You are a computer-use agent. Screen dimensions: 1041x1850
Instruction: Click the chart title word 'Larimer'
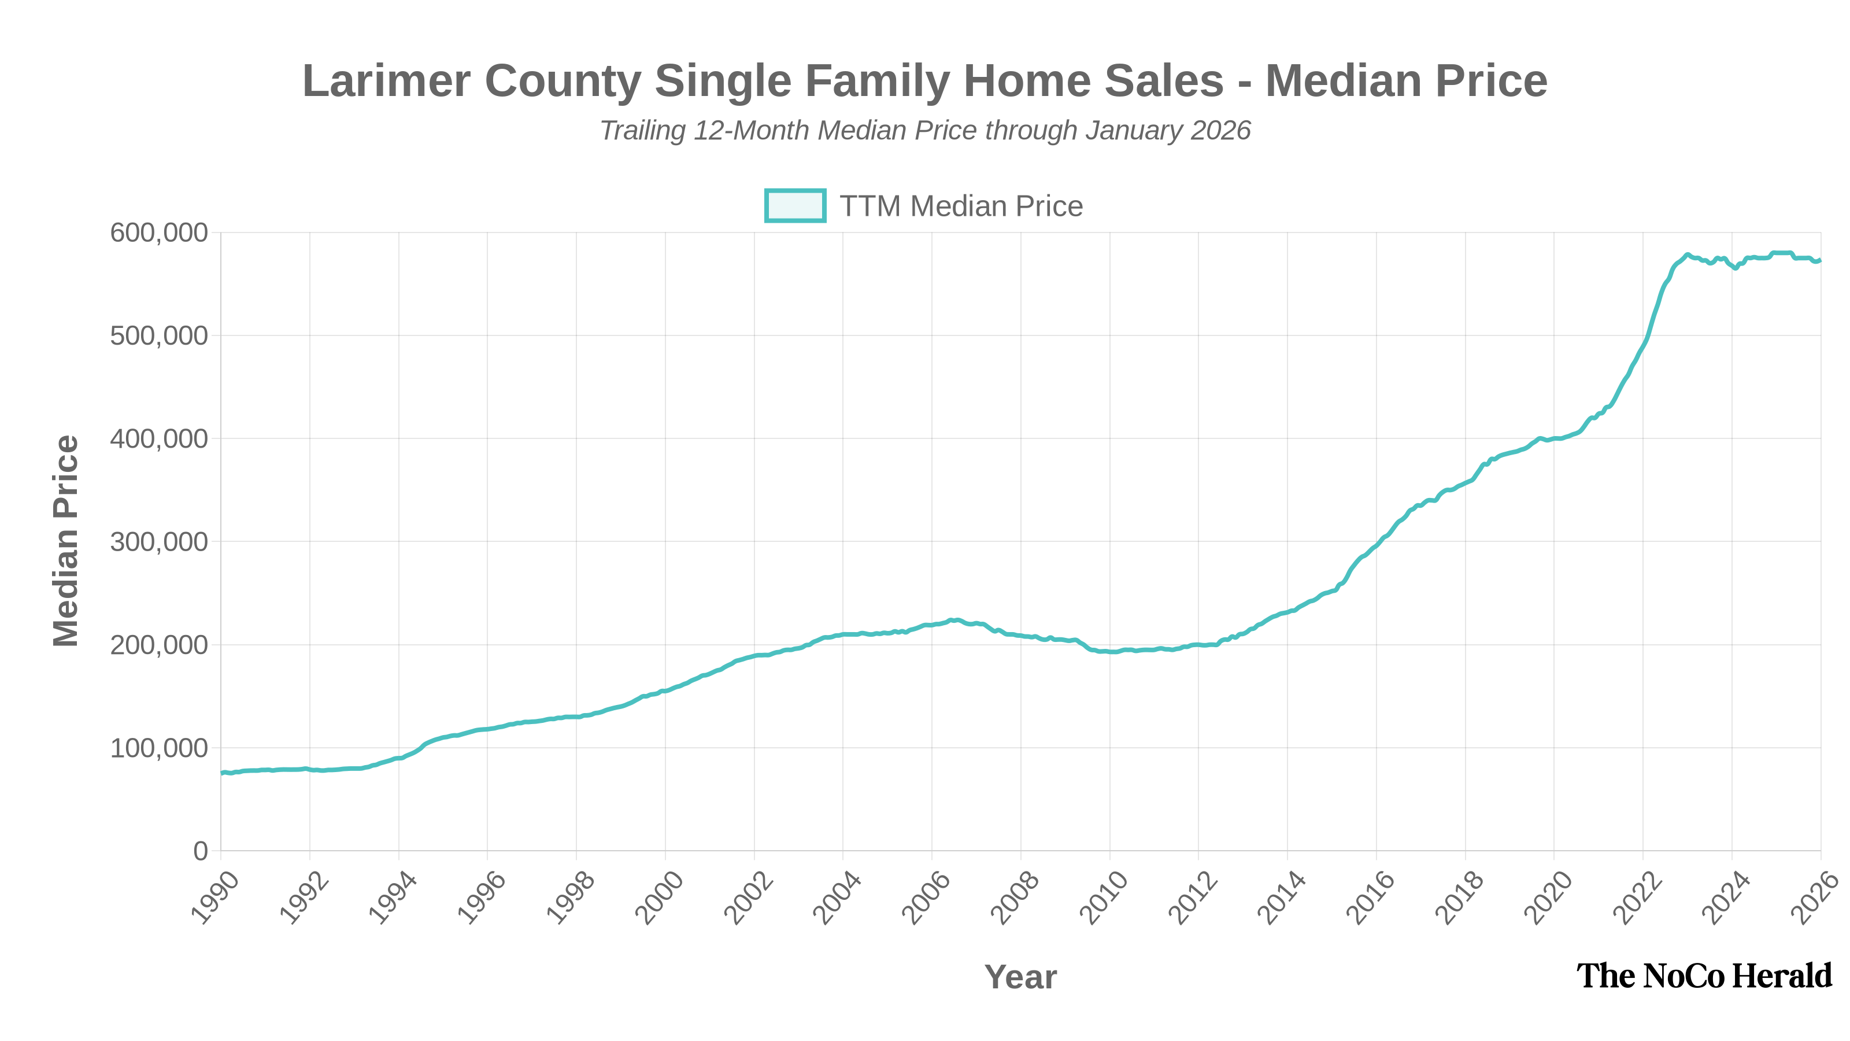tap(386, 80)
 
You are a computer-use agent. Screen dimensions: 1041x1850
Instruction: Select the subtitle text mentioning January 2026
tap(925, 131)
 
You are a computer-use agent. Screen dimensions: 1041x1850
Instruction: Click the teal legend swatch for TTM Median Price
tap(794, 205)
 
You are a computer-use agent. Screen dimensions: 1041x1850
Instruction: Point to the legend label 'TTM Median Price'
tap(961, 206)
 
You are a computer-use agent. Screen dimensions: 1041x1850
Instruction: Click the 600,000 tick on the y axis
tap(159, 232)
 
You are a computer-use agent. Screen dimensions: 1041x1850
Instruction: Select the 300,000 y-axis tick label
tap(159, 542)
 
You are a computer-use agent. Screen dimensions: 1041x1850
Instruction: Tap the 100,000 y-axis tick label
tap(159, 748)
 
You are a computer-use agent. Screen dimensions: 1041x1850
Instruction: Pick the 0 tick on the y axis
tap(201, 851)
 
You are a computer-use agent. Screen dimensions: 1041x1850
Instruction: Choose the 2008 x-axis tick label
tap(1014, 898)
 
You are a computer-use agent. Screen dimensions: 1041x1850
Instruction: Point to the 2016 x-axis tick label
tap(1370, 898)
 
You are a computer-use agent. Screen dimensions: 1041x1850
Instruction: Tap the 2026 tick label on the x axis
tap(1814, 898)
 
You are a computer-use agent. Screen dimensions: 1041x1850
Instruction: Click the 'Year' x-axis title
tap(1020, 977)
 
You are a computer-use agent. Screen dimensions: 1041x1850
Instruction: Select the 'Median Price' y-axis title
tap(66, 541)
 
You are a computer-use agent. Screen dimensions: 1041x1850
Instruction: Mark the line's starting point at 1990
tap(222, 772)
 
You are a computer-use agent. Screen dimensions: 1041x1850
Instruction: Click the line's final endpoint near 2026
tap(1820, 260)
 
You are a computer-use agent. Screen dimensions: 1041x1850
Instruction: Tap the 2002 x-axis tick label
tap(748, 898)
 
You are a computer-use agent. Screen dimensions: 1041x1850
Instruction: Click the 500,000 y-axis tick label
tap(159, 335)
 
